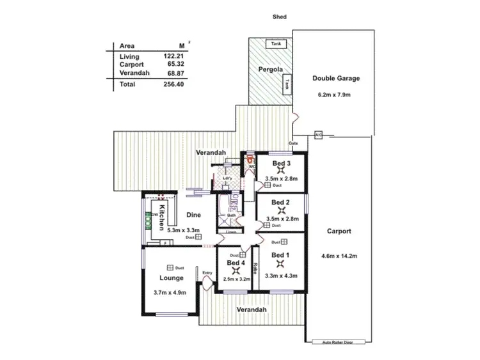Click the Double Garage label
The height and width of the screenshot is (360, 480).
click(336, 79)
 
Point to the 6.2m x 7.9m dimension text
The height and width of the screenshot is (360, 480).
click(336, 95)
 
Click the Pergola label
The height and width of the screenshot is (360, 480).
click(271, 69)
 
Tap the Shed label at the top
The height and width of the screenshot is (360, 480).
click(279, 18)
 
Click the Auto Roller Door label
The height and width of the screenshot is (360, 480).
click(339, 343)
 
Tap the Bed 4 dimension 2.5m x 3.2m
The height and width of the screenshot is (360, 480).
click(236, 279)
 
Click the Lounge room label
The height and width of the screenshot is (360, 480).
click(172, 278)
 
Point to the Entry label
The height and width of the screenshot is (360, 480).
click(207, 274)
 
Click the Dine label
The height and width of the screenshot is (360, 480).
click(193, 215)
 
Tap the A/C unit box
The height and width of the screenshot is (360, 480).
click(318, 134)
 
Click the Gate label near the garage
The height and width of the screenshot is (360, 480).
click(294, 143)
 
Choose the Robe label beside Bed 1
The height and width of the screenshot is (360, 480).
click(255, 267)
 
